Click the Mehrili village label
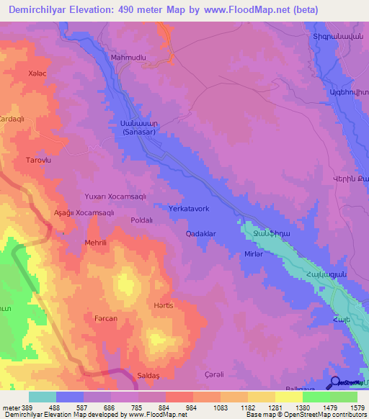[x=96, y=243]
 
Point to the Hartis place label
[x=163, y=305]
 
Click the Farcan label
[x=106, y=317]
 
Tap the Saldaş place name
[x=149, y=377]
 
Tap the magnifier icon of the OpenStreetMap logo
[x=336, y=382]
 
